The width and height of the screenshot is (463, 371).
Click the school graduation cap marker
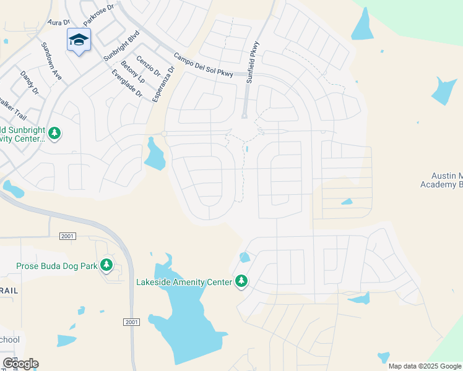point(79,40)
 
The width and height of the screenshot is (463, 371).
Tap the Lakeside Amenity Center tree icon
point(241,282)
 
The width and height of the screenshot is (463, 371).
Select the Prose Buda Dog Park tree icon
point(106,265)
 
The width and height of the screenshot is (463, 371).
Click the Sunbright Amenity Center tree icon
point(55,133)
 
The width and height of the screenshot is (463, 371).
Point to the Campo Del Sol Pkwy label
point(204,64)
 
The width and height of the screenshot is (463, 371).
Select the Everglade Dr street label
point(127,85)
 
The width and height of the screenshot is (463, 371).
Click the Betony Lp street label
point(133,72)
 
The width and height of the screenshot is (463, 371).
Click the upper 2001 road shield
point(67,236)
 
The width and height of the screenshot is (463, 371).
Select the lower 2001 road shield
point(131,322)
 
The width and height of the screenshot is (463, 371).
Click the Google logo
point(20,364)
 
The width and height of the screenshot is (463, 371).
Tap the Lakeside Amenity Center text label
point(184,283)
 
